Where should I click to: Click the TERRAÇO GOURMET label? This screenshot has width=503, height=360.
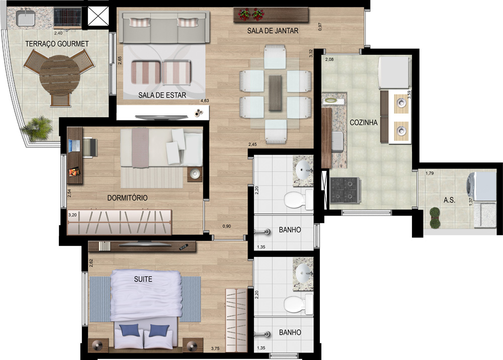click(x=57, y=44)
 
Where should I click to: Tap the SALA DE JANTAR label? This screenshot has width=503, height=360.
click(x=273, y=31)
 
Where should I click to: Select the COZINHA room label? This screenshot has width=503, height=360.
click(x=364, y=123)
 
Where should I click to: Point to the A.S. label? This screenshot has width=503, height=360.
click(x=449, y=200)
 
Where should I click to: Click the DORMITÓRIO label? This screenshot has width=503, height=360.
click(x=127, y=198)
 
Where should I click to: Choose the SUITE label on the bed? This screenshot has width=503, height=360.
click(x=143, y=279)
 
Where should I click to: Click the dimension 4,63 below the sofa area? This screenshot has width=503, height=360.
click(x=205, y=101)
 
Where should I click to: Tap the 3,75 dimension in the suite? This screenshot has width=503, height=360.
click(x=215, y=348)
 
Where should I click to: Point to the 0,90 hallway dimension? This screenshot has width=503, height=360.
click(x=226, y=226)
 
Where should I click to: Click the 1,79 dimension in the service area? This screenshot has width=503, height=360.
click(x=430, y=173)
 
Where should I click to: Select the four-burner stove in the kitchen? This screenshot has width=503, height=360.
click(x=345, y=191)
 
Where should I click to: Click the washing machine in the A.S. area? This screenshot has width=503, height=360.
click(x=481, y=186)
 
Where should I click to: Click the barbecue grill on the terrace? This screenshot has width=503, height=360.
click(x=67, y=17)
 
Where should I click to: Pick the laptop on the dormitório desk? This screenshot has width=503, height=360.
click(x=74, y=145)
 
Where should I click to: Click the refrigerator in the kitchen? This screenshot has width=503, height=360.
click(x=394, y=72)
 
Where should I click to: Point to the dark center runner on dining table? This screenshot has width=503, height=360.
click(x=275, y=93)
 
